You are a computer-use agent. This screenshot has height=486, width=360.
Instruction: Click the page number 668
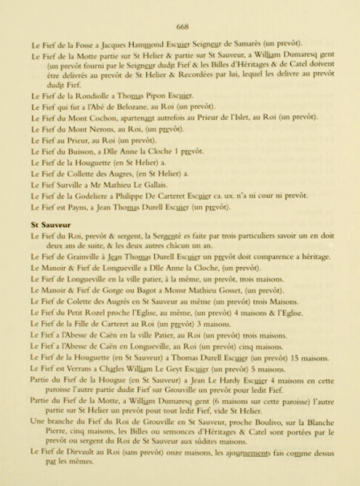pos(180,25)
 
